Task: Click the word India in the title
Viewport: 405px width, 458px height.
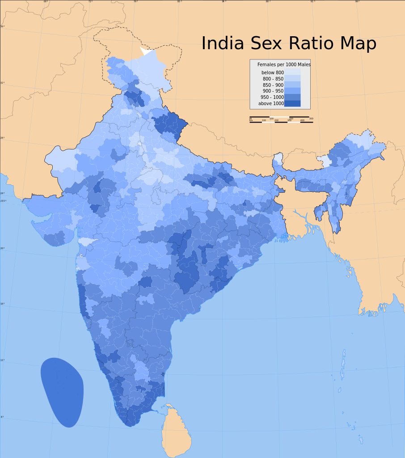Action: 223,44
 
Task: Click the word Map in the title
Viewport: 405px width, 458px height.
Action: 358,44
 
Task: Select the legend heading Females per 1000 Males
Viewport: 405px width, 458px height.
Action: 284,65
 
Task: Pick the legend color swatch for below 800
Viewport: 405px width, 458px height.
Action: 292,72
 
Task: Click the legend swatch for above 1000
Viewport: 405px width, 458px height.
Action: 292,103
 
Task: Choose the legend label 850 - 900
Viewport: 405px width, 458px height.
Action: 273,85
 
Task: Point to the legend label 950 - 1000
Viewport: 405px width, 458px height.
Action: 272,97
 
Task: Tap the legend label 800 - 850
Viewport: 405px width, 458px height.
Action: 273,79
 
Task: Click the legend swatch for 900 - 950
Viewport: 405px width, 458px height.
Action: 292,91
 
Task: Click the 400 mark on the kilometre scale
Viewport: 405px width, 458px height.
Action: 302,120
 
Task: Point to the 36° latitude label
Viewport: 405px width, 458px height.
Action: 2,26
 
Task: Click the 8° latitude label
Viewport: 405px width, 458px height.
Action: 2,417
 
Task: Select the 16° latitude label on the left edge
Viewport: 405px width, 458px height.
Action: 2,304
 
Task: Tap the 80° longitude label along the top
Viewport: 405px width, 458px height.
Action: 179,1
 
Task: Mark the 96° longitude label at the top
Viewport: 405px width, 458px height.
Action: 357,1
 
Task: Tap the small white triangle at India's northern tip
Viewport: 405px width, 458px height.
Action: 145,51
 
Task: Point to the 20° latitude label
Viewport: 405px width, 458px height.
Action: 2,248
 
